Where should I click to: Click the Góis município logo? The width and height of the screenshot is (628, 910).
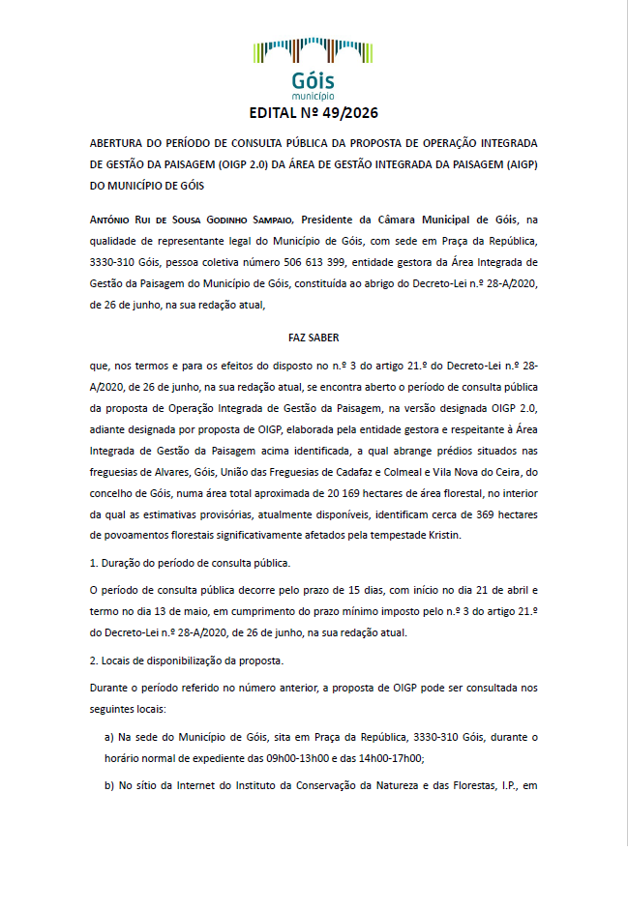coord(313,68)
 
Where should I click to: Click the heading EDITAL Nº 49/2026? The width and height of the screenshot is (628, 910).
coord(314,113)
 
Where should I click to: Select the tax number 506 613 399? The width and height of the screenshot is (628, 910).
coord(318,261)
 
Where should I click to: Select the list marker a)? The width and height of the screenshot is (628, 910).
coord(109,737)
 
